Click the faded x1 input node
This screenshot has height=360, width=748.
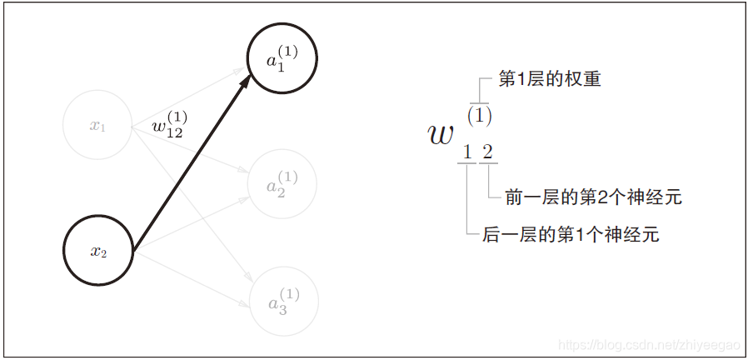[98, 126]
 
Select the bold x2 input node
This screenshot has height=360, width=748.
[98, 251]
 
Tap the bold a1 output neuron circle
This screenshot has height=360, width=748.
[282, 59]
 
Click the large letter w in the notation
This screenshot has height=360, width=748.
[441, 134]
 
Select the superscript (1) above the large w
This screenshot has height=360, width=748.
[479, 115]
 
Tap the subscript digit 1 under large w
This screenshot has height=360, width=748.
[467, 152]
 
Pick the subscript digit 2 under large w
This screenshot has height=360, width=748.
[487, 152]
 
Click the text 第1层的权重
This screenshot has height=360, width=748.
[550, 80]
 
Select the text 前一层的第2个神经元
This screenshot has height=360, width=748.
[593, 197]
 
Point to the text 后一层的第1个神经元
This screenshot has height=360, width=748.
[571, 235]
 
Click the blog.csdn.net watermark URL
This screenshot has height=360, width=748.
[650, 344]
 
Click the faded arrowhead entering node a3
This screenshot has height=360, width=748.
[247, 284]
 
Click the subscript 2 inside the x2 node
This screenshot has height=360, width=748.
[104, 254]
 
